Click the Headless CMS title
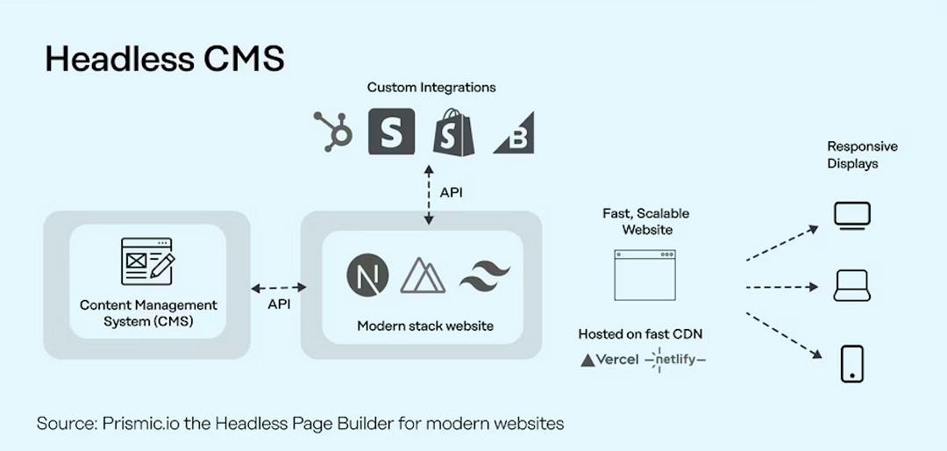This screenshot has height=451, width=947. [x=164, y=60]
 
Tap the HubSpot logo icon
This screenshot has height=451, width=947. [x=333, y=132]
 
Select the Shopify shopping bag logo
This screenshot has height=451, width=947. [x=453, y=132]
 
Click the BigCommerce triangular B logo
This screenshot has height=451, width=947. [x=514, y=132]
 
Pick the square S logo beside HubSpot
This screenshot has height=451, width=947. [x=391, y=132]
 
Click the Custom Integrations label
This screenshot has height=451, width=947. [x=431, y=88]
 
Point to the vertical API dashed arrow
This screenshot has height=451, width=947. [x=429, y=196]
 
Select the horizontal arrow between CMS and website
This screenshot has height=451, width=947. [x=279, y=288]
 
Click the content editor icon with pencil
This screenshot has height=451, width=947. [x=148, y=261]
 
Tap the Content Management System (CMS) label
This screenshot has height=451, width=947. [x=148, y=312]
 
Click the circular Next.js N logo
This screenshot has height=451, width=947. [x=367, y=275]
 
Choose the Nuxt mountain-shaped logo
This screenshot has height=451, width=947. [x=423, y=276]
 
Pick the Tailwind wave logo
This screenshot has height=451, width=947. [x=485, y=276]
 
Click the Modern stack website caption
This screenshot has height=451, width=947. [x=425, y=326]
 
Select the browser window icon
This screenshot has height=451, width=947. [x=644, y=275]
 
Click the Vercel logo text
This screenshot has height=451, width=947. [x=609, y=360]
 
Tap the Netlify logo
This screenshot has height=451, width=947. [x=675, y=360]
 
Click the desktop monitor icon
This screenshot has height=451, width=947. [x=852, y=216]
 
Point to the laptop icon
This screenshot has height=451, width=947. [x=852, y=286]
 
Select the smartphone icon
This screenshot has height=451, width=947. [x=852, y=364]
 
